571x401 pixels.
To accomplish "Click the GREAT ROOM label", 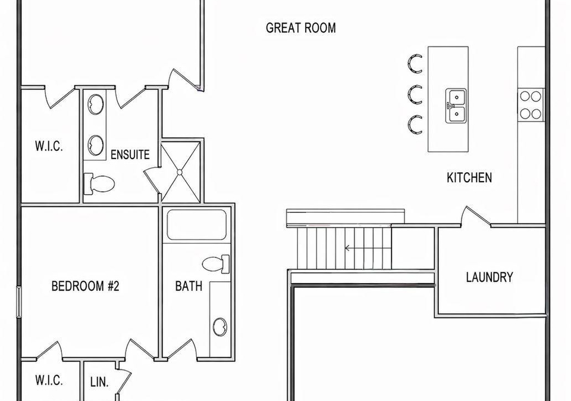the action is coord(301,28).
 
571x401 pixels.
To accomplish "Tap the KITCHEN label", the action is coord(469,178).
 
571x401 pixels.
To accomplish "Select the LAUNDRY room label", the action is coord(490,277).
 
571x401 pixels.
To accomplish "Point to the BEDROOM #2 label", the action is coord(85,285).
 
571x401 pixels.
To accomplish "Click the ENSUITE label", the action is coord(130,155).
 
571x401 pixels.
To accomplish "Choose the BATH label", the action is coord(189,285).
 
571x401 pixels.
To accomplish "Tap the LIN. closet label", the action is coord(99,382).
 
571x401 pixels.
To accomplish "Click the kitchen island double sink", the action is coord(456,105).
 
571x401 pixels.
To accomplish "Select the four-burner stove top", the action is coord(531,105).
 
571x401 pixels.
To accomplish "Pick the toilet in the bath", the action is coord(215,264).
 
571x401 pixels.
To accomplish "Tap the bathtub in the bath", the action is coord(197,225).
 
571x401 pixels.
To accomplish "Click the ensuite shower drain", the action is coord(180,172).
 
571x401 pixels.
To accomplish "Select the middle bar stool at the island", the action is coord(415,94).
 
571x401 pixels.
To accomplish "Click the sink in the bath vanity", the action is coord(220,327).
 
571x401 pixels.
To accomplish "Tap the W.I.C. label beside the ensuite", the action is coord(49,147).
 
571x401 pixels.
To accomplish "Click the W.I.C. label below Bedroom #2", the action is coord(49,380).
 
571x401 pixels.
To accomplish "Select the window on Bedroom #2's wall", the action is coord(19,301).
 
